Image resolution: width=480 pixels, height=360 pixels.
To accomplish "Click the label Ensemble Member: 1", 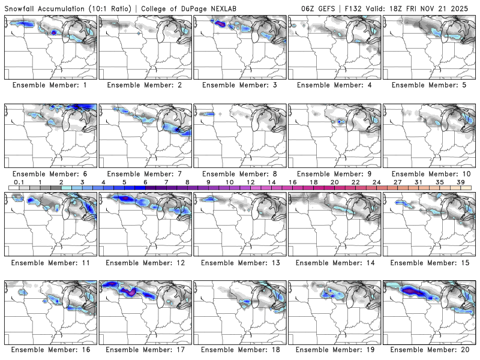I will pos(50,85).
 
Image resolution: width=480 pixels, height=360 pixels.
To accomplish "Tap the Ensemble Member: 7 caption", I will pos(145,173).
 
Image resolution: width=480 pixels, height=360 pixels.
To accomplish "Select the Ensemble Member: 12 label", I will pos(145,262).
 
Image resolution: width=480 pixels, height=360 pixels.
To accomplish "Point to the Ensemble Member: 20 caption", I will pos(430,349).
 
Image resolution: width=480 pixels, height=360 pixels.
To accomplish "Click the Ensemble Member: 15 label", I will pos(430,262).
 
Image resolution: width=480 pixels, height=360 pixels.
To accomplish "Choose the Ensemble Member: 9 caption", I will pos(335,173).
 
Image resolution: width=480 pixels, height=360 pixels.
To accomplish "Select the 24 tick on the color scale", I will pos(377,181).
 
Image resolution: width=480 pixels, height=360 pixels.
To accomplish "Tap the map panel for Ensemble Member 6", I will pos(50,135).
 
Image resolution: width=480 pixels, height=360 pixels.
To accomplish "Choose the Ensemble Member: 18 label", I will pos(240,349).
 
